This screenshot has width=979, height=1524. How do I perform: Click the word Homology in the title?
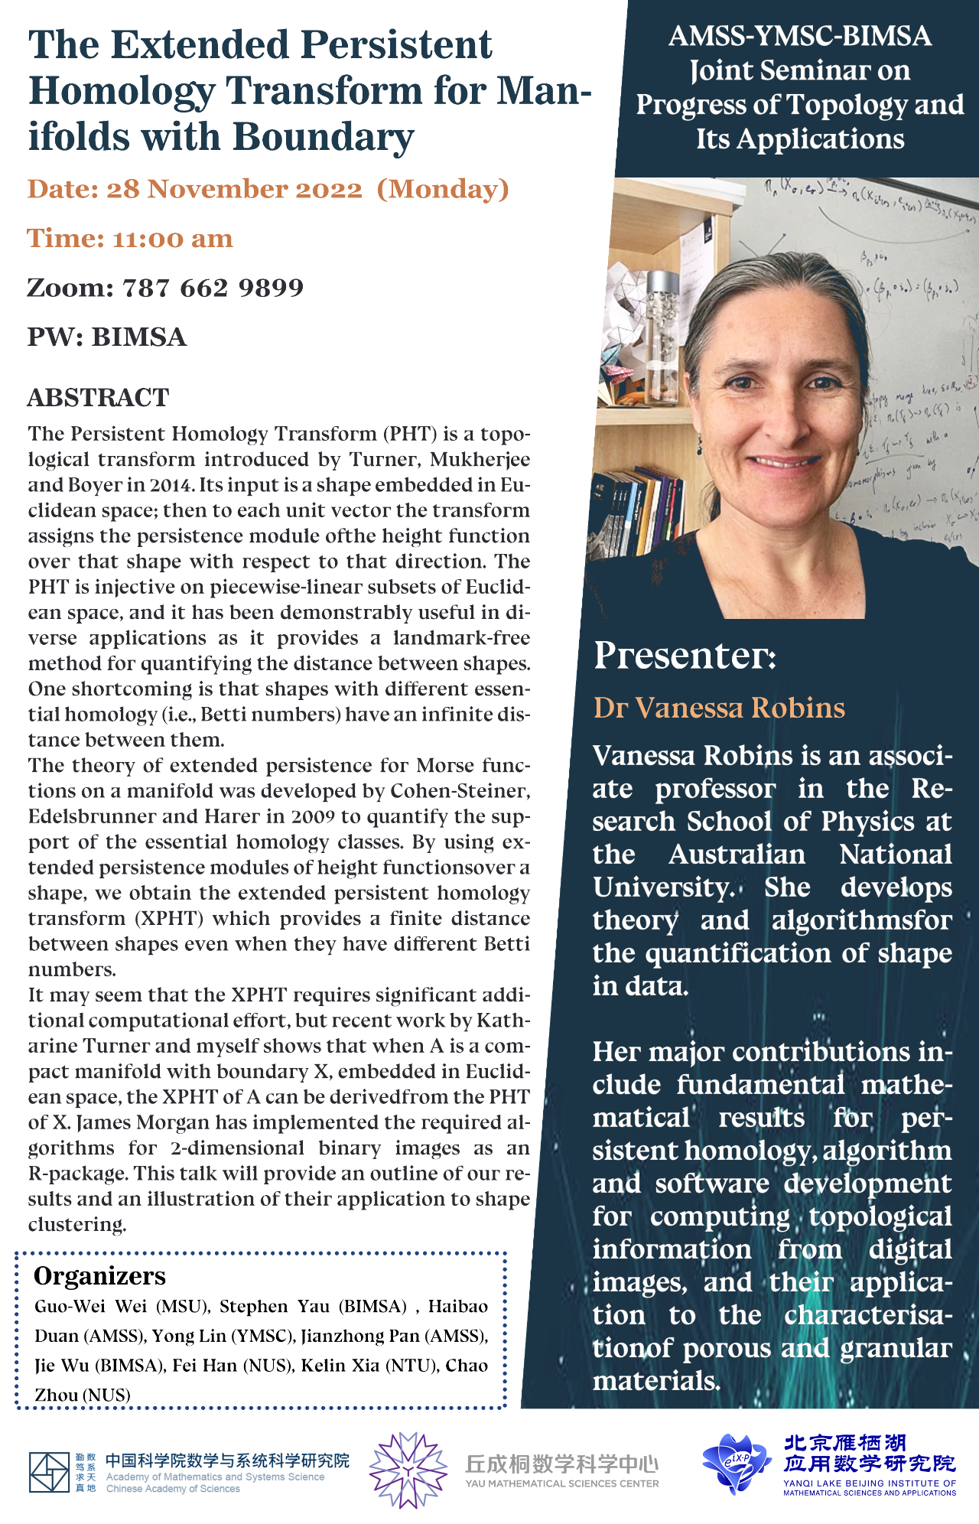click(x=122, y=92)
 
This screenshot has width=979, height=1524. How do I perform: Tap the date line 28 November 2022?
click(x=233, y=189)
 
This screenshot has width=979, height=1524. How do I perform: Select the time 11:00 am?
click(x=172, y=239)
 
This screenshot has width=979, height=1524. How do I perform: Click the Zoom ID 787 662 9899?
click(x=213, y=288)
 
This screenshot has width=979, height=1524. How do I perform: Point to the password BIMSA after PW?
click(x=139, y=337)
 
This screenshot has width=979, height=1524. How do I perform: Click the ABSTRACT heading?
click(x=98, y=398)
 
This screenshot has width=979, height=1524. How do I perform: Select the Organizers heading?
click(x=99, y=1276)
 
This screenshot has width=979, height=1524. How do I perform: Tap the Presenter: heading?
click(x=685, y=656)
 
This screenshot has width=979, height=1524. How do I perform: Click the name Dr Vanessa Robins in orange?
click(x=719, y=708)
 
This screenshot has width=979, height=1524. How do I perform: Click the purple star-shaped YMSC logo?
click(x=408, y=1470)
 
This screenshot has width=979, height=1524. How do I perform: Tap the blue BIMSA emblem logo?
click(x=736, y=1463)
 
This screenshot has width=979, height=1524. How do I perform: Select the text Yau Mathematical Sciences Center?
click(x=561, y=1483)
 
